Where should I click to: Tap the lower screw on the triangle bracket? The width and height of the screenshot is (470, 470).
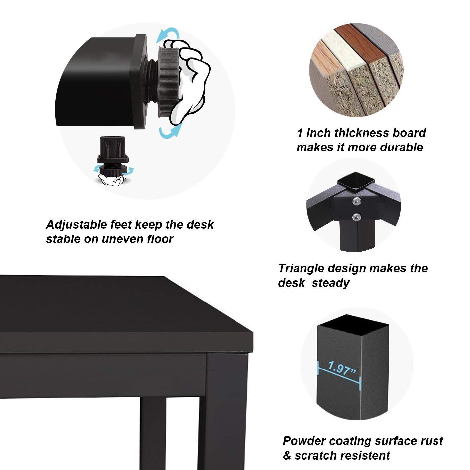pyautogui.click(x=356, y=216)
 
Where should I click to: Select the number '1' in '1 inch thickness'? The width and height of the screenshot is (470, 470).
pyautogui.click(x=300, y=133)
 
